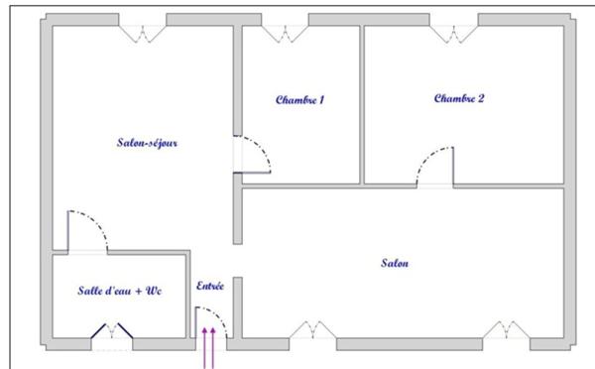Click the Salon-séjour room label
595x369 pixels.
147,143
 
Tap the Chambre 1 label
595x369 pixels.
299,100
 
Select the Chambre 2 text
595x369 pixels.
459,98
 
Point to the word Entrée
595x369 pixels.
210,286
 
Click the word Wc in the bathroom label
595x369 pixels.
154,291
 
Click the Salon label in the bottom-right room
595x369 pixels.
395,263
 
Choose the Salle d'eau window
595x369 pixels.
112,335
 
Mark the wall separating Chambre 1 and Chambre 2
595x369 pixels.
362,104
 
